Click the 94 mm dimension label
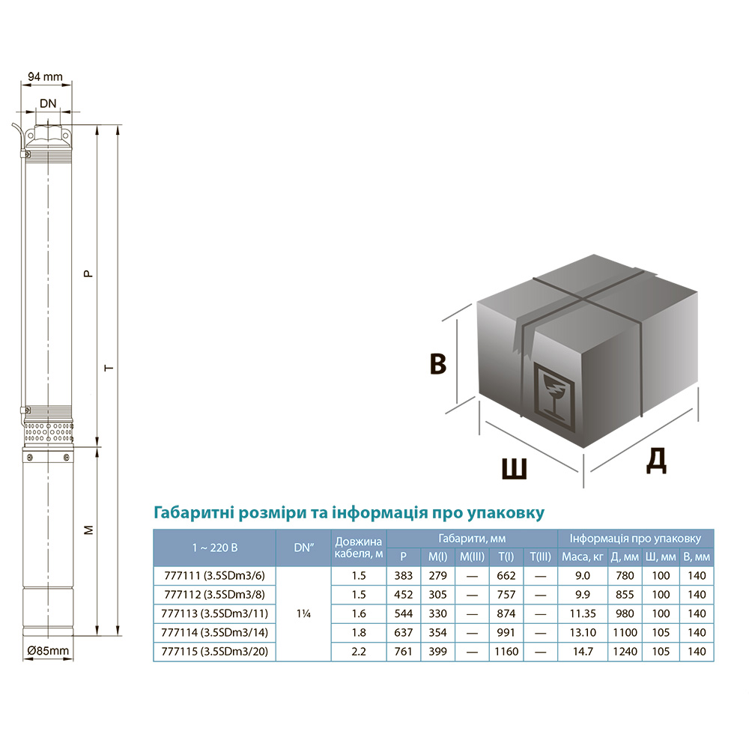click(45, 76)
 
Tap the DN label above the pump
click(48, 103)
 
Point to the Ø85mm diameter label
click(48, 651)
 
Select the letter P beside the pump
click(88, 273)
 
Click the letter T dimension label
click(109, 368)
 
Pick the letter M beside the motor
click(89, 530)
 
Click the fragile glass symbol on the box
click(554, 396)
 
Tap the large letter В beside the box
click(438, 364)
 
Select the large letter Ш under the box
click(515, 469)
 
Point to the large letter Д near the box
click(656, 461)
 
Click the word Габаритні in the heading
click(193, 512)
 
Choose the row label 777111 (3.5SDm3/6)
click(214, 575)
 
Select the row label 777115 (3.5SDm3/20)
click(214, 652)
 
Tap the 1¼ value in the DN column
click(303, 614)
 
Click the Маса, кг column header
click(582, 557)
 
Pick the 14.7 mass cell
click(582, 652)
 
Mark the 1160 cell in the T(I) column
click(506, 652)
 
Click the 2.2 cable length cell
click(359, 652)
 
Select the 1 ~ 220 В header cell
click(214, 548)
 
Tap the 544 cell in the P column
click(403, 614)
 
